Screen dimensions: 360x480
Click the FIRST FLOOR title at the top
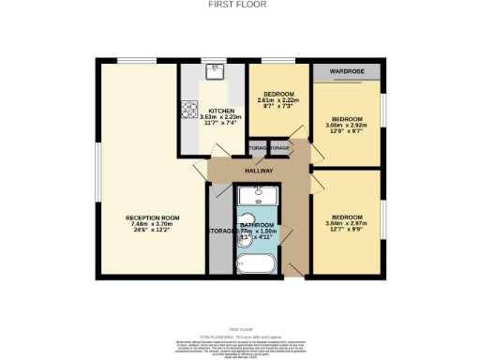(239, 5)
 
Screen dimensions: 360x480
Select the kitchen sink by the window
(215, 69)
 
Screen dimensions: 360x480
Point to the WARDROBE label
(346, 71)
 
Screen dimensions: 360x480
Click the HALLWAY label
(259, 172)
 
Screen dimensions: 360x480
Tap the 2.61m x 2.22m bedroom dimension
(279, 101)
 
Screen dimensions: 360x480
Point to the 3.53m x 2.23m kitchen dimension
(220, 117)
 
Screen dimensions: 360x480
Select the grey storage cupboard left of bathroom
(217, 230)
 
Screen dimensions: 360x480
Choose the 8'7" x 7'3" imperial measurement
(279, 109)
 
